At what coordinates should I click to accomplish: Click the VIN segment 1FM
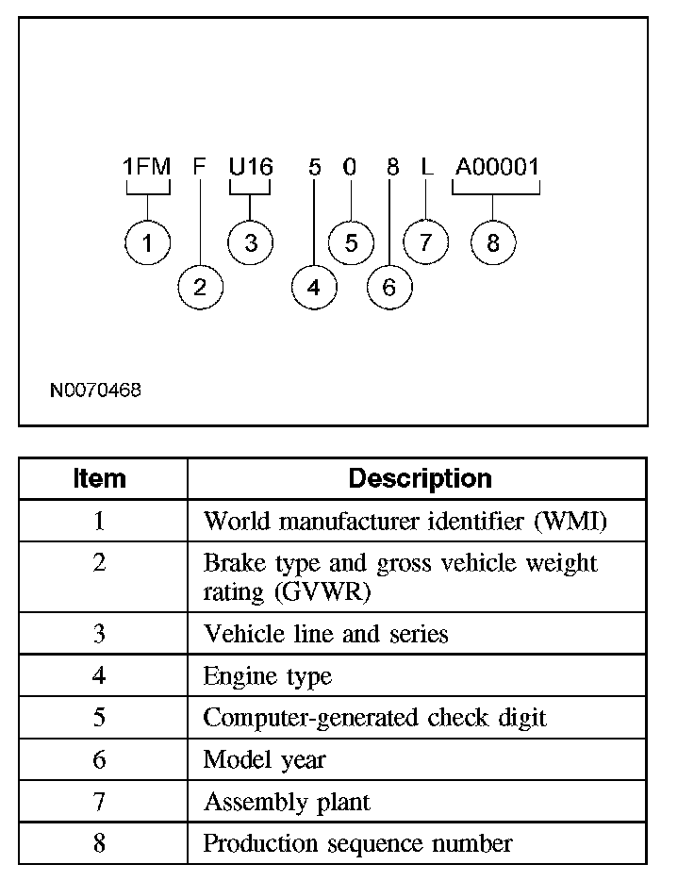click(x=146, y=168)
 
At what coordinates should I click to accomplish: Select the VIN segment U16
click(x=251, y=168)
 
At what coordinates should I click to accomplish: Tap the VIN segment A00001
click(x=496, y=168)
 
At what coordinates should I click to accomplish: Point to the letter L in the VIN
click(x=426, y=168)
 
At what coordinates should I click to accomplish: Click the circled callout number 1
click(x=147, y=243)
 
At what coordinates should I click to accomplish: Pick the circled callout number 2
click(x=200, y=288)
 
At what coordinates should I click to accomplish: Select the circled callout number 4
click(x=314, y=288)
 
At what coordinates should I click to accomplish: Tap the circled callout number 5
click(x=351, y=243)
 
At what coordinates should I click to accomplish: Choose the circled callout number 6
click(x=389, y=288)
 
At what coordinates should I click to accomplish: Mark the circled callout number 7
click(x=425, y=243)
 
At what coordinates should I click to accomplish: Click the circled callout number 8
click(x=493, y=243)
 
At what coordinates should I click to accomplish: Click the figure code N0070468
click(x=96, y=390)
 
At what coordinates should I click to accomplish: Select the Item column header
click(x=100, y=479)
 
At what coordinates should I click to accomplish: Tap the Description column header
click(x=420, y=479)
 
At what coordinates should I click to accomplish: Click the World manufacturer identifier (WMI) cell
click(x=405, y=522)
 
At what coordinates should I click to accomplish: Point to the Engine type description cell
click(x=268, y=676)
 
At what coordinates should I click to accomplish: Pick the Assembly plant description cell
click(x=287, y=803)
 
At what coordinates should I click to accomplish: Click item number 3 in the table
click(x=99, y=634)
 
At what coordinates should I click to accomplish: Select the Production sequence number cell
click(x=358, y=843)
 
